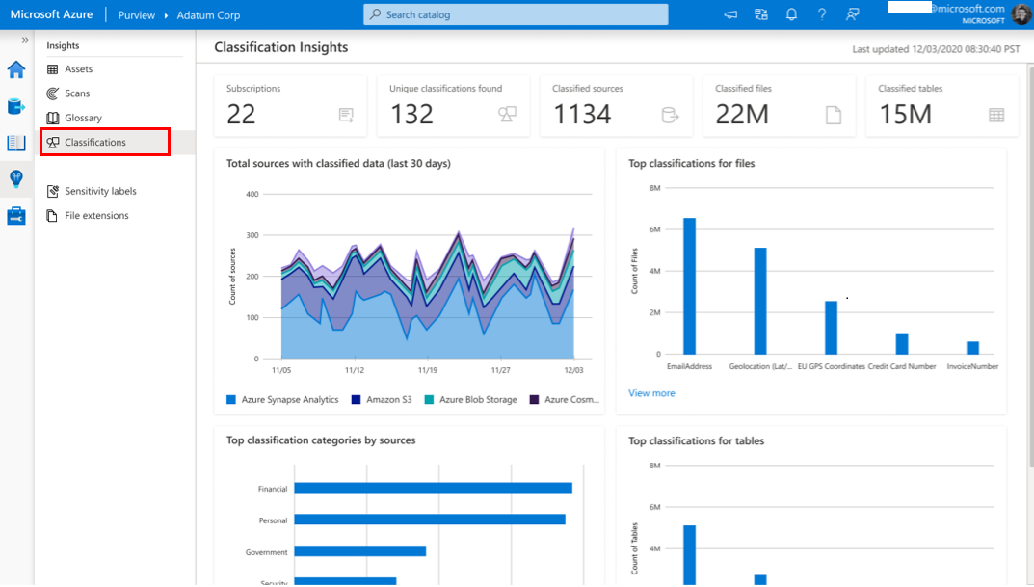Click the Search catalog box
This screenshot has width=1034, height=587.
[x=516, y=14]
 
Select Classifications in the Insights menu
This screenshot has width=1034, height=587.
[x=94, y=142]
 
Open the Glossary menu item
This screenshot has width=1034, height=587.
[x=83, y=118]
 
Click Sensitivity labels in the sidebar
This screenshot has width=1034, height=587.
[x=100, y=191]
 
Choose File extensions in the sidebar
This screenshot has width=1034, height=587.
[x=96, y=216]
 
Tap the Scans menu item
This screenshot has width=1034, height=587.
[x=77, y=93]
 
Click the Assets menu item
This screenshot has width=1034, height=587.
[x=78, y=69]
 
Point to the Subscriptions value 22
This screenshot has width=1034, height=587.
[x=241, y=114]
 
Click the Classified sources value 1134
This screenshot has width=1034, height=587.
[x=582, y=114]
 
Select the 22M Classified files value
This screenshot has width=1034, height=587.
[x=742, y=114]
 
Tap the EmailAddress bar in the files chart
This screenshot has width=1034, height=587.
[x=689, y=286]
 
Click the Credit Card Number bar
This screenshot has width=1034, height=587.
[x=902, y=343]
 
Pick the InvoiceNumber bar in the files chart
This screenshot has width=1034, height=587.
[x=972, y=348]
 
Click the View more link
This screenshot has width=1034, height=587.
[x=651, y=393]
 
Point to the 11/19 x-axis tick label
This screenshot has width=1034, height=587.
[x=427, y=370]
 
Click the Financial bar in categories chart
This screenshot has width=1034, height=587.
[x=433, y=488]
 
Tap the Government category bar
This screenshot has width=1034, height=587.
[x=359, y=551]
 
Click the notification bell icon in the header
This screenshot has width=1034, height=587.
[x=791, y=14]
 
